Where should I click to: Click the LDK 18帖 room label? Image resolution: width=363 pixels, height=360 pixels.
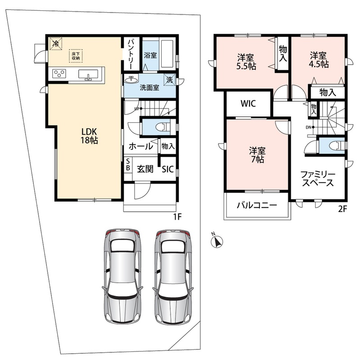pyautogui.click(x=89, y=136)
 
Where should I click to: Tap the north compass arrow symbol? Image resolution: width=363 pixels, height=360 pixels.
pyautogui.click(x=217, y=242)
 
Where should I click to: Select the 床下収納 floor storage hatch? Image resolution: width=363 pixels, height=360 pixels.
pyautogui.click(x=76, y=56)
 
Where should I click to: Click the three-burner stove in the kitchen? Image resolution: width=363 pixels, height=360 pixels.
pyautogui.click(x=59, y=74)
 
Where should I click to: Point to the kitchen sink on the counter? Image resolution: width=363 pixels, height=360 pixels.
pyautogui.click(x=88, y=74)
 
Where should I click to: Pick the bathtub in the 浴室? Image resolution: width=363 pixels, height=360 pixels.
pyautogui.click(x=167, y=54)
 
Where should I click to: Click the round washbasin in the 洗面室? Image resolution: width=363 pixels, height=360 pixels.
pyautogui.click(x=131, y=80)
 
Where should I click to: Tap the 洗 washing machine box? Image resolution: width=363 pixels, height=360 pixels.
pyautogui.click(x=170, y=80)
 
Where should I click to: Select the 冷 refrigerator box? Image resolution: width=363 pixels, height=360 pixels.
pyautogui.click(x=55, y=44)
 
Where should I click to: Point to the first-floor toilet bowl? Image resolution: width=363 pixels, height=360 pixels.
pyautogui.click(x=162, y=127)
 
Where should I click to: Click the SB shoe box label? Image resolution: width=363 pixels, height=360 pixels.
pyautogui.click(x=128, y=164)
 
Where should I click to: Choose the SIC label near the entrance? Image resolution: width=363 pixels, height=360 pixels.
pyautogui.click(x=168, y=169)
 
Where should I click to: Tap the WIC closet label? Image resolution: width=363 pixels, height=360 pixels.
pyautogui.click(x=248, y=103)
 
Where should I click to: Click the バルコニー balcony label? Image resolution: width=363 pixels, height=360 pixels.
pyautogui.click(x=257, y=205)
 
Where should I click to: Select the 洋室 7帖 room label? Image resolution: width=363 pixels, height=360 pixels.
pyautogui.click(x=258, y=155)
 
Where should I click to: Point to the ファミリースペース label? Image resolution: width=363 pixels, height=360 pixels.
pyautogui.click(x=318, y=178)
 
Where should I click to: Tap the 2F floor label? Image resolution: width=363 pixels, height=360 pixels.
pyautogui.click(x=343, y=209)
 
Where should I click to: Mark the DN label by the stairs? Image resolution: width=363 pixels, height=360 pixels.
pyautogui.click(x=309, y=127)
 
